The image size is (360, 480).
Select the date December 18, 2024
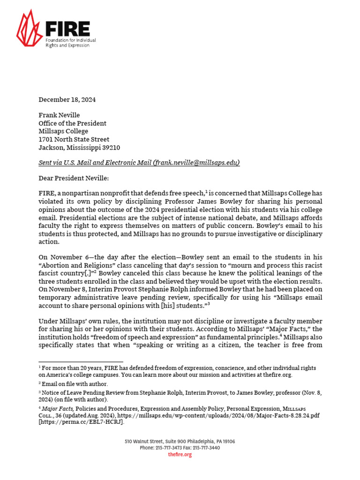(x=67, y=99)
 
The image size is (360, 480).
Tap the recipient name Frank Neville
(x=59, y=115)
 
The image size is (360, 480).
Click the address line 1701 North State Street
(x=74, y=139)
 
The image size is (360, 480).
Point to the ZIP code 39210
(x=111, y=147)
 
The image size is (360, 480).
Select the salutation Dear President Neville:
(x=73, y=178)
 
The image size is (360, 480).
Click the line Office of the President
(x=72, y=123)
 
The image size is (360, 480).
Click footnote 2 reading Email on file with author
(x=75, y=384)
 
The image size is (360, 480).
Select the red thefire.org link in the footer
(x=180, y=455)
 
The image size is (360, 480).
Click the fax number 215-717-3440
(x=207, y=448)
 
